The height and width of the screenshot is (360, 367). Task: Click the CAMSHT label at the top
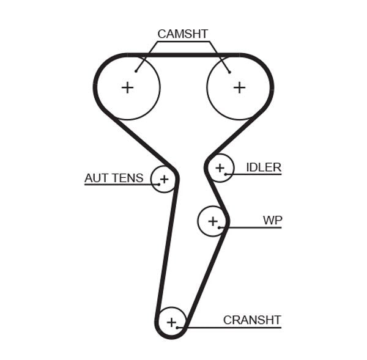point(182,34)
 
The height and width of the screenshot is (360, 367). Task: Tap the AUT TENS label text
point(114,178)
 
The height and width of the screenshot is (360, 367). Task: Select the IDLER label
point(263,167)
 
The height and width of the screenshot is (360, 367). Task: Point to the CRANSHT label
point(251,320)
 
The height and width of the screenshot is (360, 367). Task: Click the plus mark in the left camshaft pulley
point(127,87)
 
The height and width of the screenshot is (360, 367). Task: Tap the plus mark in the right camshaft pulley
point(239,87)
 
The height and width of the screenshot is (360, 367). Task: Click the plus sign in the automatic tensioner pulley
point(163,179)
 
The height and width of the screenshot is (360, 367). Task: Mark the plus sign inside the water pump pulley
point(212,221)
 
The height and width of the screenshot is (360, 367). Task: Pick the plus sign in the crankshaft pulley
point(171,321)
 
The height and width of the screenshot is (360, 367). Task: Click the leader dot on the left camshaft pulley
point(136,72)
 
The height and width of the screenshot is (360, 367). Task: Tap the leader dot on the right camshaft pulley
point(229,72)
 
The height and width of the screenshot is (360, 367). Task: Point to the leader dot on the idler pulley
point(226,175)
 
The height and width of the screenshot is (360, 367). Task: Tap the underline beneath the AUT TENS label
point(116,185)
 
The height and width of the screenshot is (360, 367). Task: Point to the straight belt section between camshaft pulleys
point(183,55)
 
